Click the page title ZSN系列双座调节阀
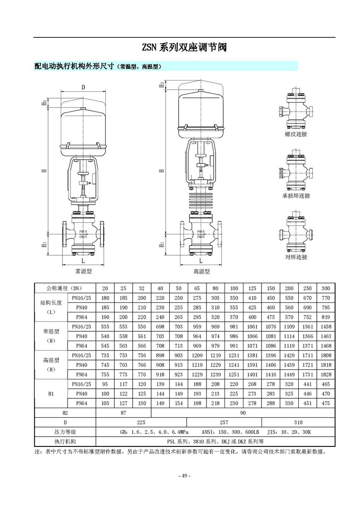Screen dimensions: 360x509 (x=184, y=47)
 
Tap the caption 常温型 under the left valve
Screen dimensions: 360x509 (x=83, y=271)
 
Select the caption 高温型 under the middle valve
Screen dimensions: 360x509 (x=202, y=271)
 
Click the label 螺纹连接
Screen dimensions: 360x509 (x=296, y=134)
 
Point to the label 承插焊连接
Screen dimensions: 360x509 (x=296, y=195)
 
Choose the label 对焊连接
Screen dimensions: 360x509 (x=296, y=257)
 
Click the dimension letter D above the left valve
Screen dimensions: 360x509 (x=83, y=87)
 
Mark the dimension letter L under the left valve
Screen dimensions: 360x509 (x=83, y=261)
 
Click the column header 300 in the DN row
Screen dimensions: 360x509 (x=326, y=288)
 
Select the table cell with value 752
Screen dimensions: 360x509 (x=307, y=317)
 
